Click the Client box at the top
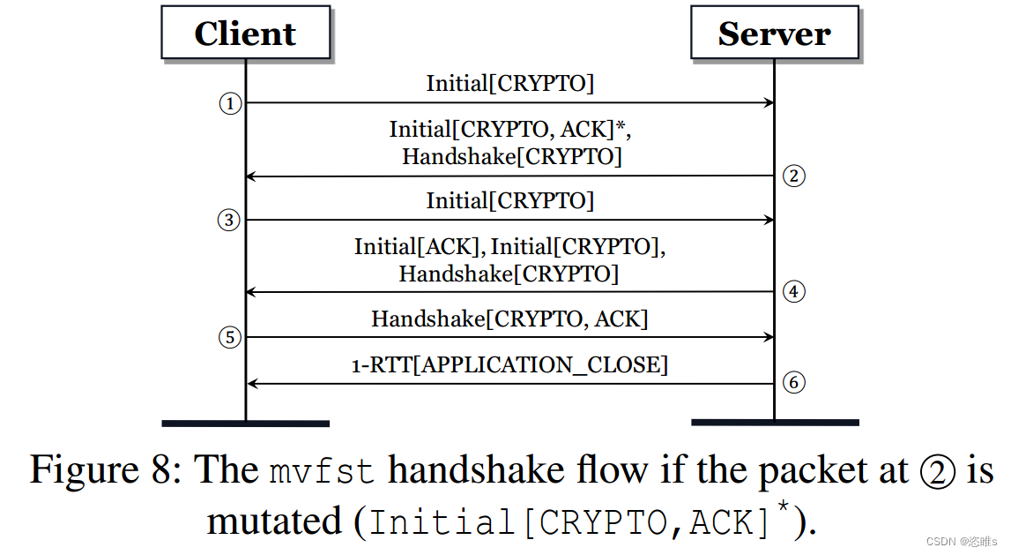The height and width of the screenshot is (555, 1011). (x=245, y=34)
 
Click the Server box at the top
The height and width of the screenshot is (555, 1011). (x=774, y=34)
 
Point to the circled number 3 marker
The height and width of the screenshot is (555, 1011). (x=229, y=220)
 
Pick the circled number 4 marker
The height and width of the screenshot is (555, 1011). (x=793, y=292)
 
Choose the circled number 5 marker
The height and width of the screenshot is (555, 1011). (x=229, y=337)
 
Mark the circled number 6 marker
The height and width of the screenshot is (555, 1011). (x=793, y=383)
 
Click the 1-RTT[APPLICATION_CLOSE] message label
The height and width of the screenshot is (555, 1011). (x=509, y=364)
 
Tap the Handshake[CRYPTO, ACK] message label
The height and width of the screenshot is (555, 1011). (x=509, y=319)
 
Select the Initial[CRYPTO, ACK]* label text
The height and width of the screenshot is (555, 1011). (x=510, y=130)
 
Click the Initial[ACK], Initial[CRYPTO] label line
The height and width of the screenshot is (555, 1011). (x=509, y=247)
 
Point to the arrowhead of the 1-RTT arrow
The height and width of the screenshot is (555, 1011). (x=250, y=384)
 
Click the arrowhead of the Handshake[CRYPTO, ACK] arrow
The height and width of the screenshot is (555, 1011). (x=769, y=337)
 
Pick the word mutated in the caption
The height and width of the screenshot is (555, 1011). (x=274, y=521)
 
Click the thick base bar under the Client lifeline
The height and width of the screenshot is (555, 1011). (x=245, y=424)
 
